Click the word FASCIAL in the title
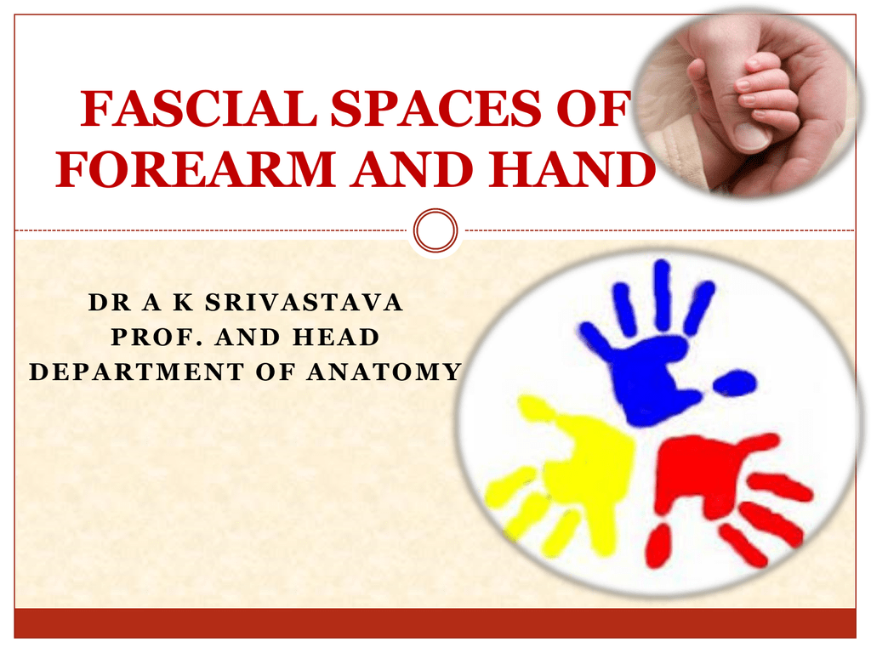pos(197,108)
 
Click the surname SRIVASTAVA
pos(304,303)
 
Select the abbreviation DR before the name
pos(110,303)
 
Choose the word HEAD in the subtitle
pos(336,337)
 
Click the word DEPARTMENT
pos(137,372)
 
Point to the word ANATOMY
pos(384,372)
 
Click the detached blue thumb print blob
pos(734,383)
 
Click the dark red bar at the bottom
pos(435,623)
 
